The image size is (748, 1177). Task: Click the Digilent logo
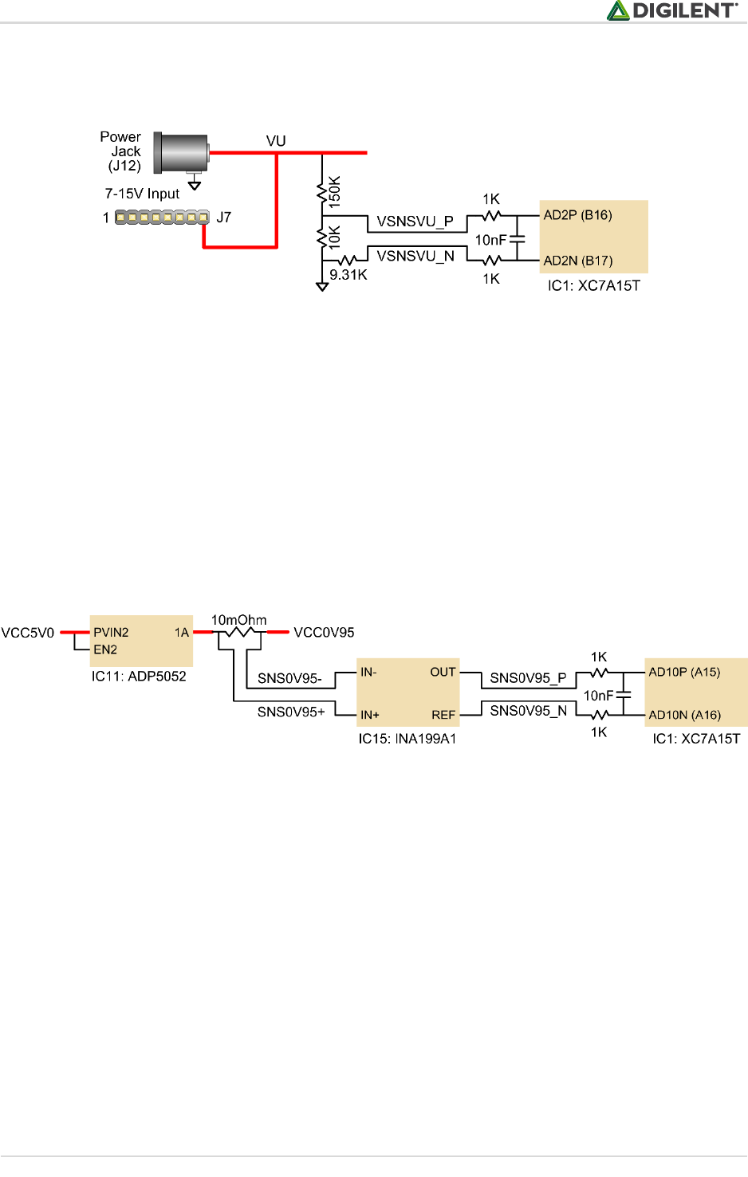(671, 10)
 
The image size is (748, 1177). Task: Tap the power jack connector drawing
(182, 152)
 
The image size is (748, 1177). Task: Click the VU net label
(276, 141)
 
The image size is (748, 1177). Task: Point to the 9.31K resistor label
(348, 275)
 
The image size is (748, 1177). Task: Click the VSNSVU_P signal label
(415, 222)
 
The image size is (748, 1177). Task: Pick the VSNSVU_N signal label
(415, 256)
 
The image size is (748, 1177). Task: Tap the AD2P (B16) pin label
(577, 215)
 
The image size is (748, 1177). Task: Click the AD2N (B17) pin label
(577, 261)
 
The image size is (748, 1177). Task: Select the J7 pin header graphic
(162, 217)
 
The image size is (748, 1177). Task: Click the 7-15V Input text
(142, 194)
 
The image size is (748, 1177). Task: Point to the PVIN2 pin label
(111, 633)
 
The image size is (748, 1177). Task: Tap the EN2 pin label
(105, 649)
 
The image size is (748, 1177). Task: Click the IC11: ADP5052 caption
(139, 677)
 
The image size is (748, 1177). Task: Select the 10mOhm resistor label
(238, 620)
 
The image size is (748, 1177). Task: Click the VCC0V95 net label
(324, 633)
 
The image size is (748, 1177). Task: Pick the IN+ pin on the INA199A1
(370, 715)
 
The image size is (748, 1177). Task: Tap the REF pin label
(443, 715)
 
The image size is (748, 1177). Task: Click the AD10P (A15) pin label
(684, 672)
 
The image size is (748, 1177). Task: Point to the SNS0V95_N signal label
(528, 711)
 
